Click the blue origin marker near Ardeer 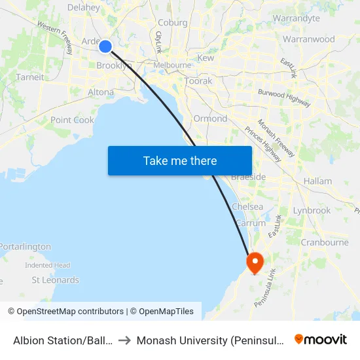(105, 45)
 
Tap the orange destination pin (254, 262)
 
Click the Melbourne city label (173, 65)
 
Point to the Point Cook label (72, 120)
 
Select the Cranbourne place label (324, 242)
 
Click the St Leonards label (55, 280)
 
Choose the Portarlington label (25, 247)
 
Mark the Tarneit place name (29, 77)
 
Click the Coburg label (172, 22)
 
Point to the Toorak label (198, 81)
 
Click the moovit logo (321, 340)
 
